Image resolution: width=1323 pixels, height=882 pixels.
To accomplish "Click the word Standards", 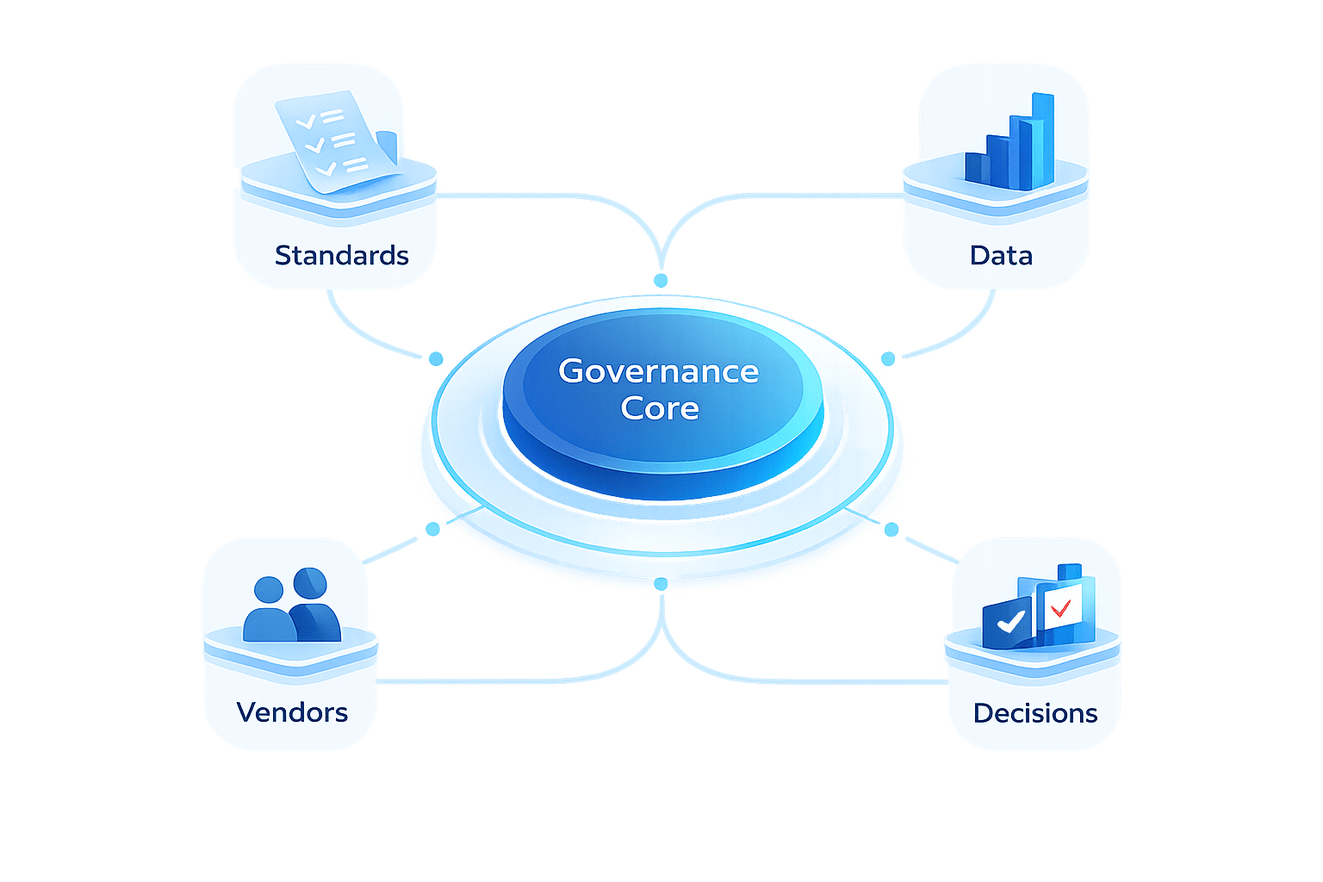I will pyautogui.click(x=341, y=255).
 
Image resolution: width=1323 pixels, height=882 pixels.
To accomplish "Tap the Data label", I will pyautogui.click(x=1000, y=255).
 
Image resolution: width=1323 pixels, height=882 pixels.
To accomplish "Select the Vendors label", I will pyautogui.click(x=292, y=712).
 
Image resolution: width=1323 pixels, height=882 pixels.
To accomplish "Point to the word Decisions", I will pyautogui.click(x=1034, y=713).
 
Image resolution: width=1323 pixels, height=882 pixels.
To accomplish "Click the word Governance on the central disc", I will pyautogui.click(x=658, y=371).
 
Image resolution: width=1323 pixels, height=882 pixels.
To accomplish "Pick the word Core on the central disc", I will pyautogui.click(x=660, y=408).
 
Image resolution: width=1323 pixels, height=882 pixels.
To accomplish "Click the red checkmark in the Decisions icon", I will pyautogui.click(x=1060, y=607).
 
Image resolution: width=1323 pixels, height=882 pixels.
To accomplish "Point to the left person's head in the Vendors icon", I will pyautogui.click(x=270, y=590).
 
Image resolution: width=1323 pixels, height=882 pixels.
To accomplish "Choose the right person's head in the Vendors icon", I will pyautogui.click(x=310, y=583).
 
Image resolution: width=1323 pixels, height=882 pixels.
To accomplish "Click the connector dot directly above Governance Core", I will pyautogui.click(x=661, y=281).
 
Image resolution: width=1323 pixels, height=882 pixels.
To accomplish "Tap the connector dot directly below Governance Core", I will pyautogui.click(x=661, y=584).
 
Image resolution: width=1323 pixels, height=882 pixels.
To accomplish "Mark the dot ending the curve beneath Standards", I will pyautogui.click(x=436, y=357).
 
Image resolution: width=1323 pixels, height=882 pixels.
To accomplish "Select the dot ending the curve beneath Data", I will pyautogui.click(x=887, y=358).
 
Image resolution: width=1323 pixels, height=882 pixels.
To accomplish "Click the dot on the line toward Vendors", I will pyautogui.click(x=433, y=528).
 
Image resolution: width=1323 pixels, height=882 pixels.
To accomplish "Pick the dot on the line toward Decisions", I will pyautogui.click(x=891, y=529).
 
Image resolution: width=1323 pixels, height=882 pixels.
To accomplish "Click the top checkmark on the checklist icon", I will pyautogui.click(x=306, y=122).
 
